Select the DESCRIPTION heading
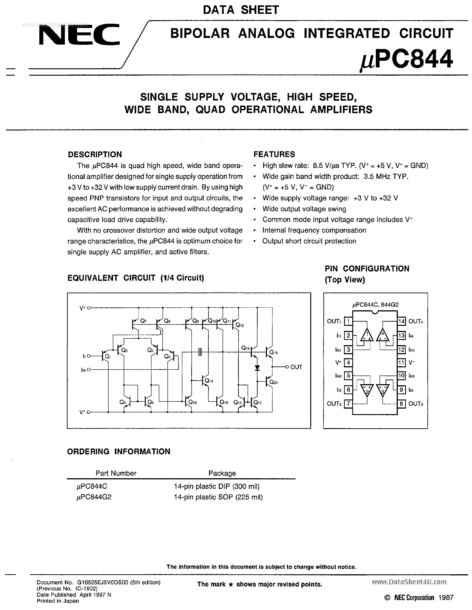95,154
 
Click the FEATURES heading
274,154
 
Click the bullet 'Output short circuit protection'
309,241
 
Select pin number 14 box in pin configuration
401,321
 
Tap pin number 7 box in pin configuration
348,403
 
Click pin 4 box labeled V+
348,362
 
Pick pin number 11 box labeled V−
401,362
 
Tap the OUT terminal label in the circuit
296,367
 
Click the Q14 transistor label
209,381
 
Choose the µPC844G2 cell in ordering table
94,497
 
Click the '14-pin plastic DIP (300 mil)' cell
217,486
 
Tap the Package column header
222,473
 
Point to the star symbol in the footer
231,584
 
